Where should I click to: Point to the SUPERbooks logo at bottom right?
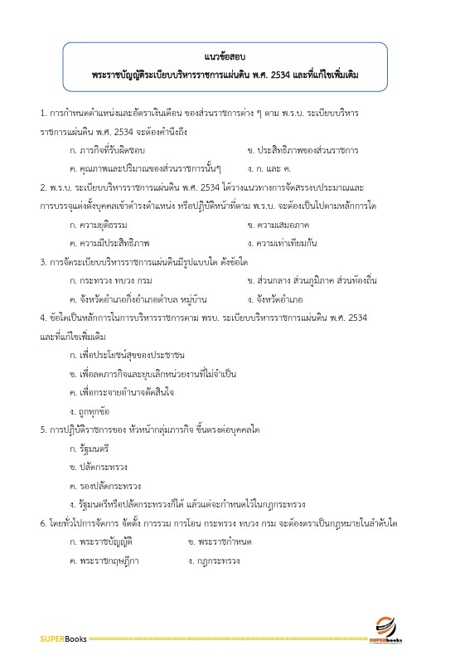pyautogui.click(x=386, y=631)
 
